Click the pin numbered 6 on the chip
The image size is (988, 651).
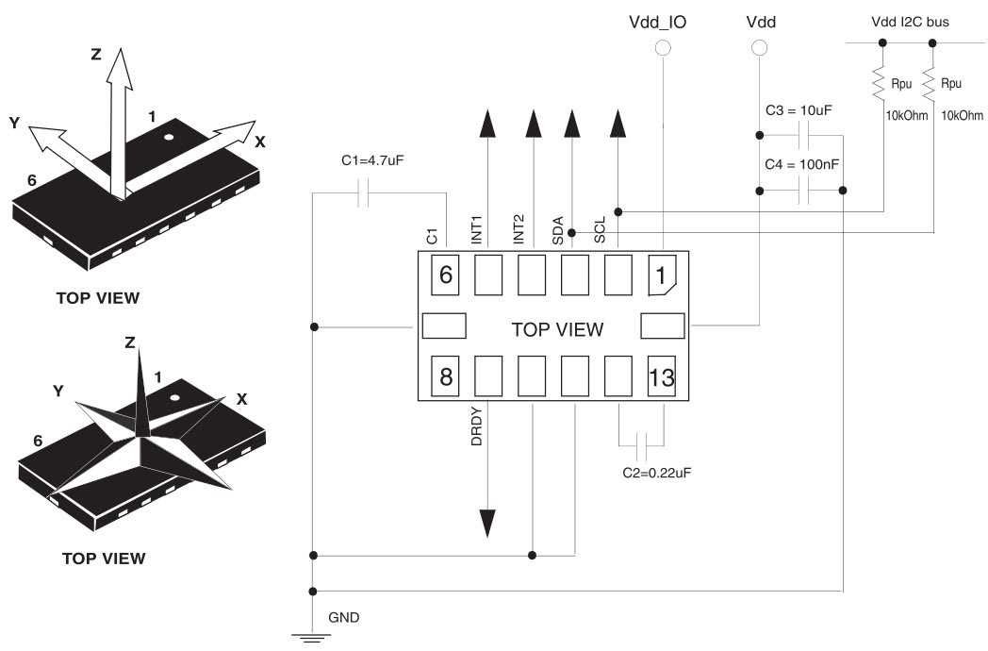coord(445,276)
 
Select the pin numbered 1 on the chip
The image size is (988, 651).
coord(664,276)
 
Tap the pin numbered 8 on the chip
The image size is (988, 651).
coord(445,377)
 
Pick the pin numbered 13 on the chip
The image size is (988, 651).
coord(662,377)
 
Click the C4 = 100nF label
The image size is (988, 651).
coord(801,164)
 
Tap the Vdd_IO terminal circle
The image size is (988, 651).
coord(664,47)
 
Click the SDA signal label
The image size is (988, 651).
coord(558,231)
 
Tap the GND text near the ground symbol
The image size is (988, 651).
coord(343,618)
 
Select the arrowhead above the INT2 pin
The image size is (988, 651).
coord(533,123)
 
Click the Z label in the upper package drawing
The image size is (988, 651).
coord(95,55)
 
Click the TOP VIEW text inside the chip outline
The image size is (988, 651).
coord(556,329)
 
